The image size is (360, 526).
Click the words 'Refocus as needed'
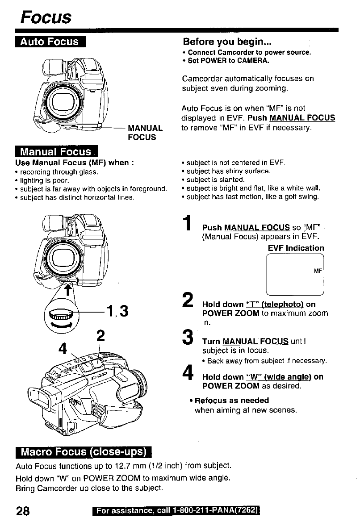point(232,400)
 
